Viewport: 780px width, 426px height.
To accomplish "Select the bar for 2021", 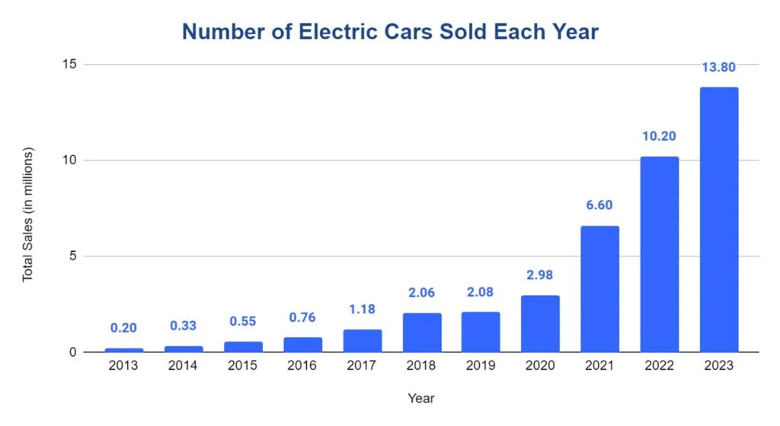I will tap(599, 289).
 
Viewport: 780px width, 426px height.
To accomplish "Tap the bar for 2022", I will tap(659, 254).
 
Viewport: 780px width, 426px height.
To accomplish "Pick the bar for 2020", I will tap(540, 323).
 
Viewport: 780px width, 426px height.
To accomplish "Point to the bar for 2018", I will tap(421, 332).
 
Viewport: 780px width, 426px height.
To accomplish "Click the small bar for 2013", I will tap(123, 350).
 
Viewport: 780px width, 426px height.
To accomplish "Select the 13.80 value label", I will tap(718, 68).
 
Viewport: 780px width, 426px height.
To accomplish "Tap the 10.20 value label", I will tap(659, 137).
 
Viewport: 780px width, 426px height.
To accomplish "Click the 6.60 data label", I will tap(599, 205).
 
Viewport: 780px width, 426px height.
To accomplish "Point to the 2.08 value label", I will tap(481, 293).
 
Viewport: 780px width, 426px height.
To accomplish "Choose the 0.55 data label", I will tap(243, 322).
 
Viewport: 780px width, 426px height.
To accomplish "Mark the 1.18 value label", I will tap(362, 310).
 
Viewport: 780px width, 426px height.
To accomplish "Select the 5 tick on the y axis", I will tap(72, 256).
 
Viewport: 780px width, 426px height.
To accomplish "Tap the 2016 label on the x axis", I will tap(302, 367).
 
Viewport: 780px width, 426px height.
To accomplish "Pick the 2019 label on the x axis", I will tap(481, 367).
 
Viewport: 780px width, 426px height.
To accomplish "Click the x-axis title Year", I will tap(420, 398).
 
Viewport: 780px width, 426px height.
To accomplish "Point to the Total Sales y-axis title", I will tap(28, 215).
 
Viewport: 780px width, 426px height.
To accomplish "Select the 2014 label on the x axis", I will tap(183, 367).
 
